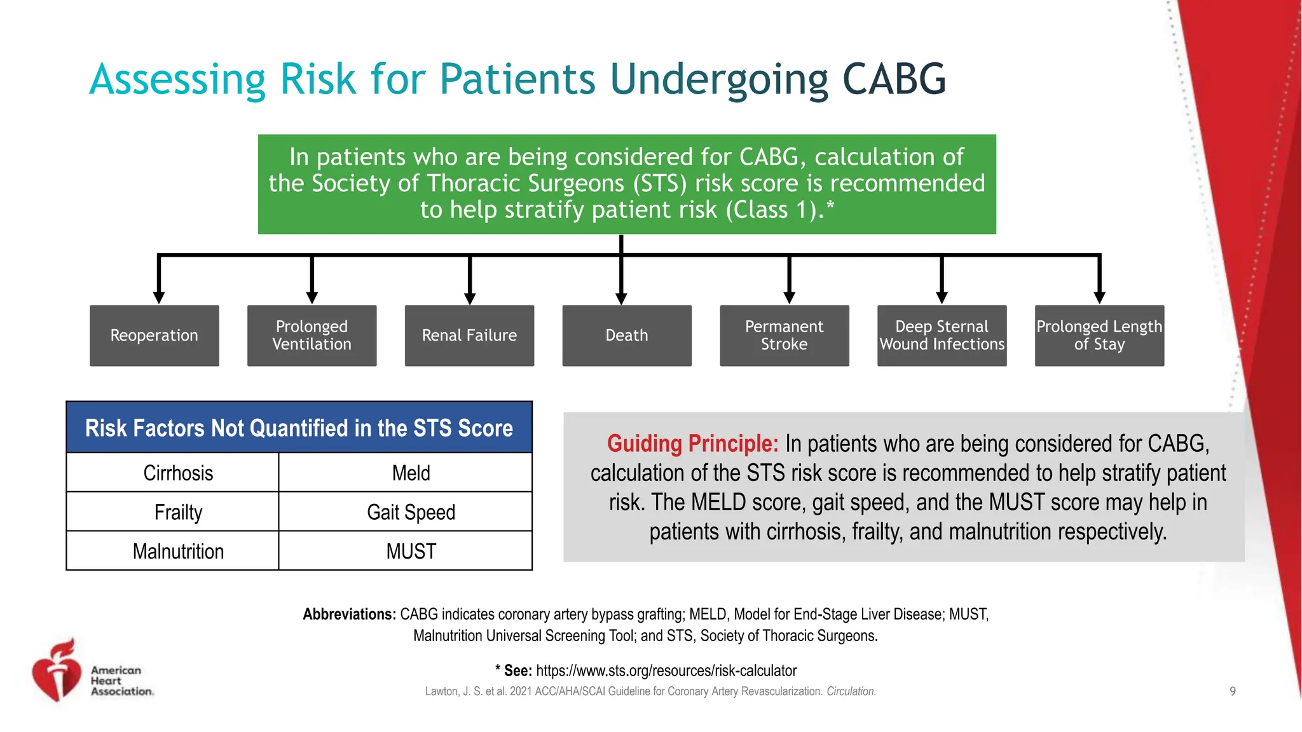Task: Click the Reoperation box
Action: click(x=154, y=335)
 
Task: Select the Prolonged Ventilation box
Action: click(x=312, y=335)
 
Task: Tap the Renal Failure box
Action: click(x=469, y=335)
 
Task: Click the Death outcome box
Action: click(x=627, y=335)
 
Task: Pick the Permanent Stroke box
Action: click(x=784, y=335)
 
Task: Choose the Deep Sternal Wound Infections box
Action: click(x=942, y=335)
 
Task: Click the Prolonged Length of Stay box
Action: click(x=1099, y=335)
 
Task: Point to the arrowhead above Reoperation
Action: click(x=159, y=297)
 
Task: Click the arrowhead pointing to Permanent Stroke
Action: click(x=789, y=297)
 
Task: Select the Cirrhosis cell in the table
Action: click(x=178, y=473)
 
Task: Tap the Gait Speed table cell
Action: click(x=411, y=512)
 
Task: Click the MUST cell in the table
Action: click(x=411, y=551)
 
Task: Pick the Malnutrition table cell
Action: click(x=178, y=551)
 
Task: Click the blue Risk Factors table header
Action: click(x=299, y=428)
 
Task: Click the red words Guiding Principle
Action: click(x=692, y=444)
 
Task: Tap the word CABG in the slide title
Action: click(x=894, y=79)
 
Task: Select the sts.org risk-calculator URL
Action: click(x=666, y=671)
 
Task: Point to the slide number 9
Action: click(x=1233, y=691)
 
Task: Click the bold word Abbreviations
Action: click(x=349, y=614)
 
